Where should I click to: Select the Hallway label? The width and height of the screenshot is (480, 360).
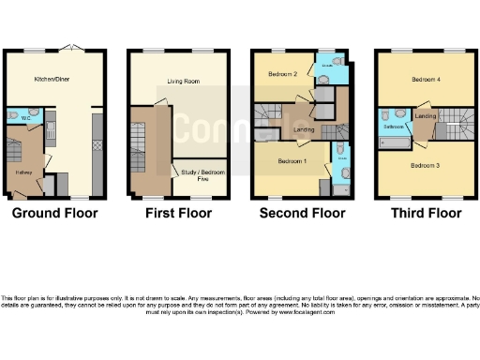[24, 172]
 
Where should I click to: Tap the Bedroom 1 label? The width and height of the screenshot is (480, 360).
[292, 160]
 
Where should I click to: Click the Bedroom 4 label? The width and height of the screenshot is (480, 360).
[425, 80]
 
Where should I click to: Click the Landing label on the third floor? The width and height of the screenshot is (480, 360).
[425, 116]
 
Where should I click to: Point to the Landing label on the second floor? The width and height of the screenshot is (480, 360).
[303, 129]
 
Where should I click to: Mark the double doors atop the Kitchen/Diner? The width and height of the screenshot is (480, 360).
[81, 49]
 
